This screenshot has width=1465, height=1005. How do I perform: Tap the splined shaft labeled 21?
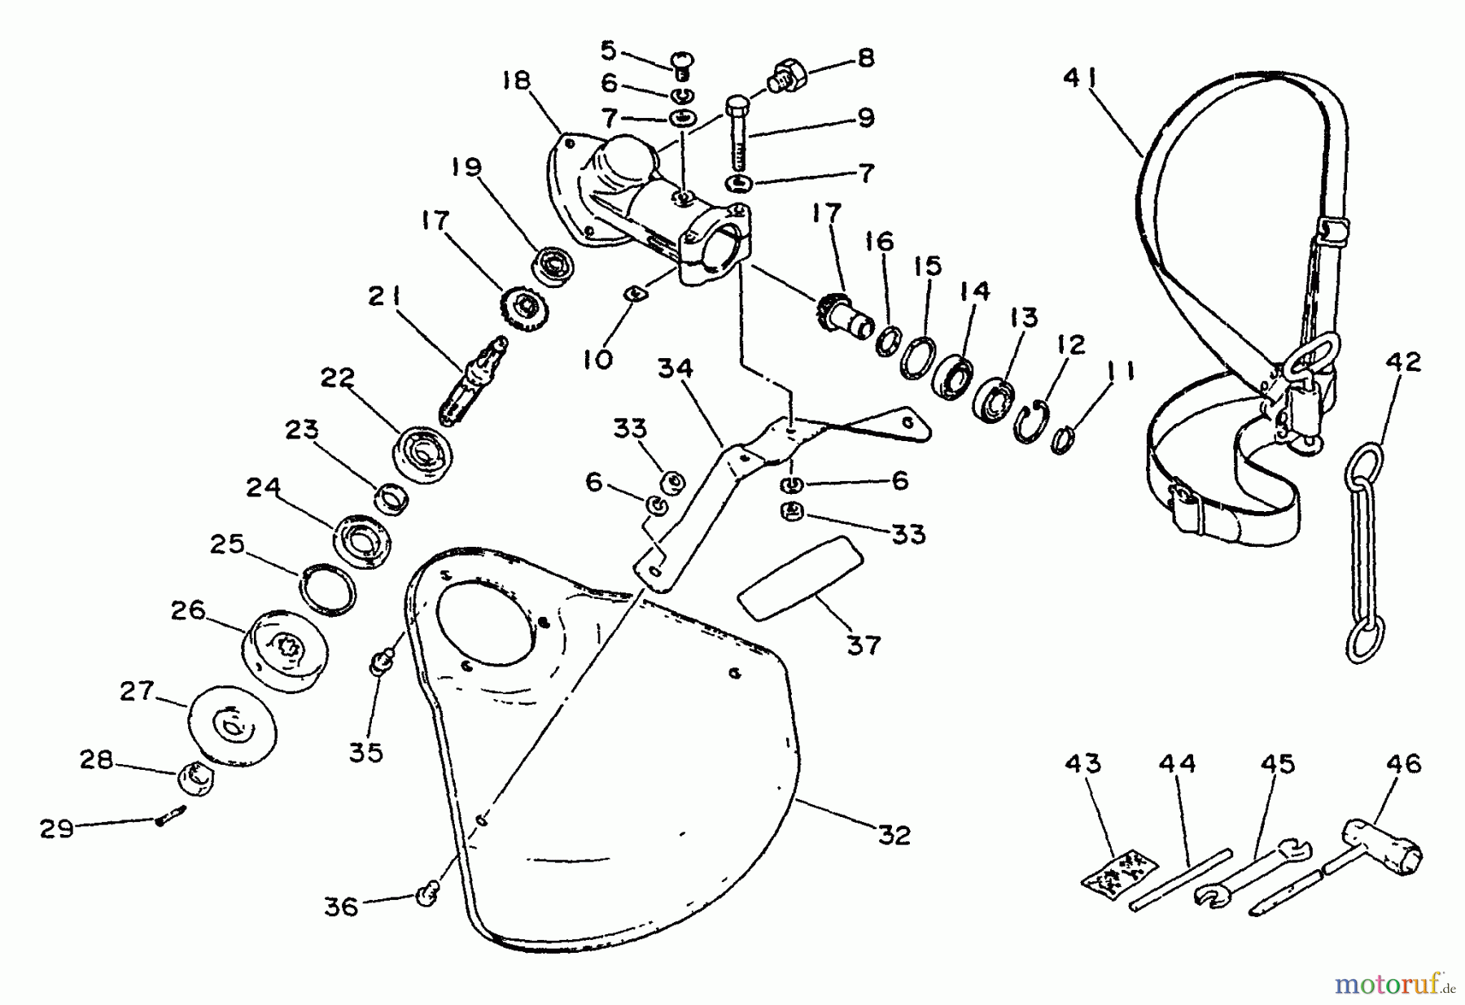[471, 379]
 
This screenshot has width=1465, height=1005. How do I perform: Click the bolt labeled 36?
[426, 894]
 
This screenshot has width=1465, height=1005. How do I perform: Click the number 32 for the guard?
[894, 835]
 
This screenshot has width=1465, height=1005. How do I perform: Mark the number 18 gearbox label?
[516, 81]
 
